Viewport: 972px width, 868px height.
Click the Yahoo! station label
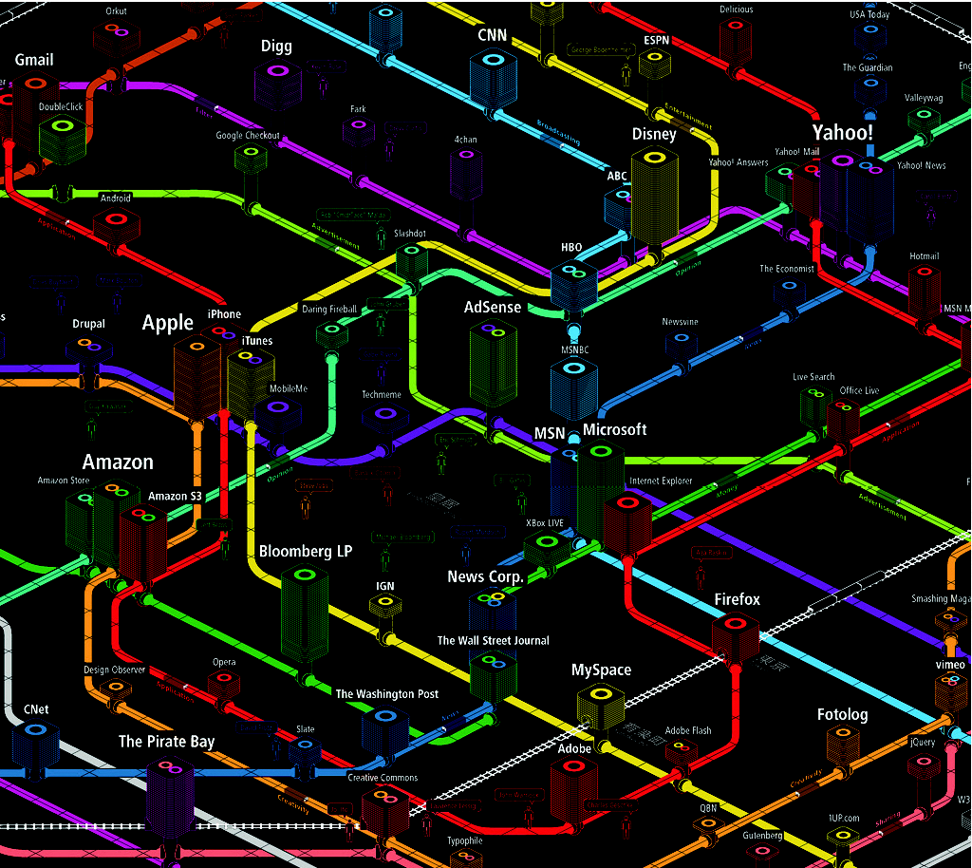tap(842, 132)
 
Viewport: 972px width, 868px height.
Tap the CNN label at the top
tap(492, 35)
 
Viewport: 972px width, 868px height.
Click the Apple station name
tap(168, 323)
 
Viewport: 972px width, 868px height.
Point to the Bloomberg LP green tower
tap(305, 617)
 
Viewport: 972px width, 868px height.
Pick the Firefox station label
tap(737, 599)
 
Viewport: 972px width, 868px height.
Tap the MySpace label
tap(601, 670)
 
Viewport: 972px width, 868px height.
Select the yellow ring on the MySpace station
tap(600, 694)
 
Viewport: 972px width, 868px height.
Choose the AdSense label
tap(493, 307)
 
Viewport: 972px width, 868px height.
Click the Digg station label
tap(276, 47)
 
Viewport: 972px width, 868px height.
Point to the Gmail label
tap(34, 60)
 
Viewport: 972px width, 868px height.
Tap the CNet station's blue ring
tap(35, 731)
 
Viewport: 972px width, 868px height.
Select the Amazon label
tap(118, 462)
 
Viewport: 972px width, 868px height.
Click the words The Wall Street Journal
tap(493, 640)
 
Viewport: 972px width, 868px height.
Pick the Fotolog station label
tap(842, 714)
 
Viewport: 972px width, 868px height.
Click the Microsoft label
tap(614, 429)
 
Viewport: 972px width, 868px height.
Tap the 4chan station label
tap(465, 140)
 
